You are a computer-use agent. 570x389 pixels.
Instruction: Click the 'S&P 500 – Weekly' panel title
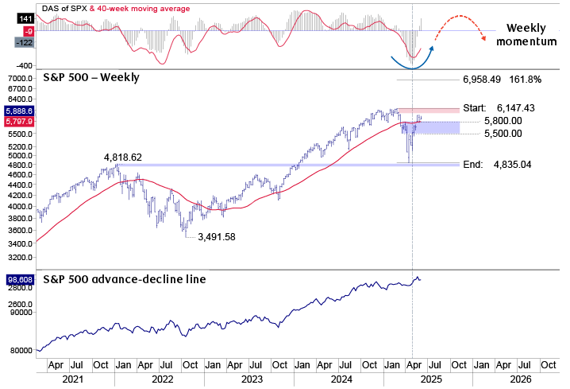tap(89, 77)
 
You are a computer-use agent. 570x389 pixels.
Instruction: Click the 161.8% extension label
tap(524, 80)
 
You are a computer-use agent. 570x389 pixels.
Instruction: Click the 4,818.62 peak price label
tap(122, 158)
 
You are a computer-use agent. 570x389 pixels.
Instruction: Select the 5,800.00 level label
tap(503, 121)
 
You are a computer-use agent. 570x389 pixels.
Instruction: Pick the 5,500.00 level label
tap(503, 134)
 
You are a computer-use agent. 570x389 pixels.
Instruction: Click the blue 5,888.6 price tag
tap(18, 111)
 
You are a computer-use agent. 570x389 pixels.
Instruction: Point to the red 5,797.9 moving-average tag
tap(18, 122)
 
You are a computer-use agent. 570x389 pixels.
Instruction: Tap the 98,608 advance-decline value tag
tap(18, 281)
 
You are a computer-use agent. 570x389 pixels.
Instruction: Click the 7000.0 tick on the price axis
tap(19, 78)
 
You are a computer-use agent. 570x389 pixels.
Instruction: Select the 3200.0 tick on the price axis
tap(19, 258)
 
